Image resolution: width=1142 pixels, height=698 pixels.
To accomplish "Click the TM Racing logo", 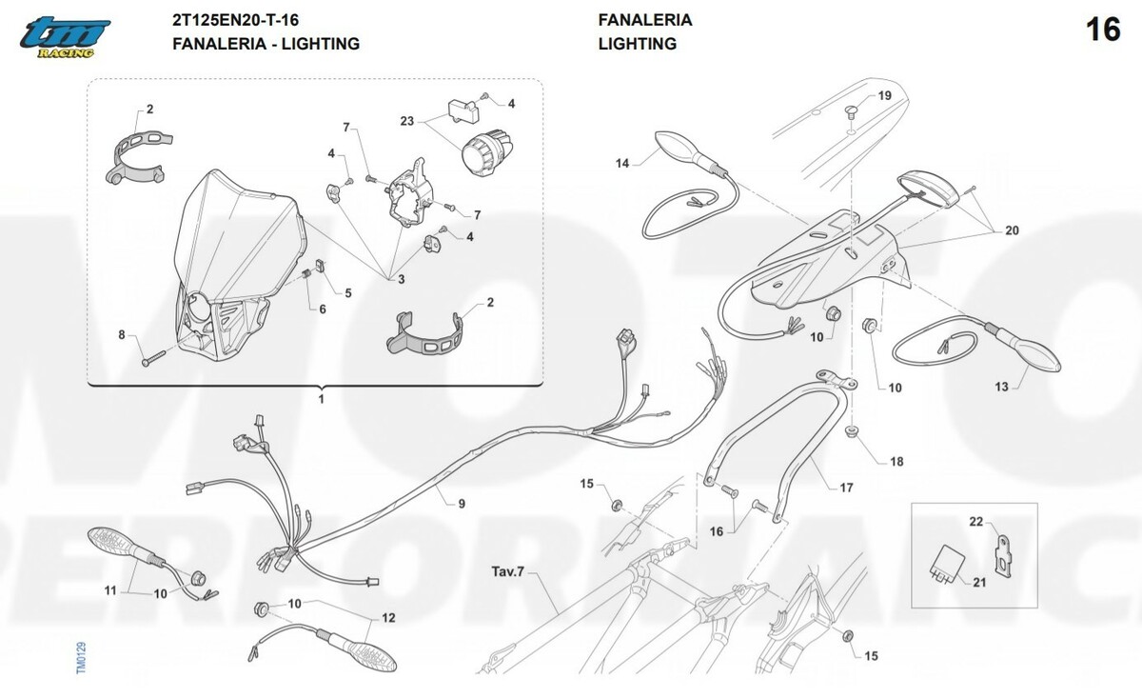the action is tap(65, 38).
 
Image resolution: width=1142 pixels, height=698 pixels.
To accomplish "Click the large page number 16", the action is tap(1104, 30).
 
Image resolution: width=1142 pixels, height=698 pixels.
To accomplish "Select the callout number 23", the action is tap(407, 122).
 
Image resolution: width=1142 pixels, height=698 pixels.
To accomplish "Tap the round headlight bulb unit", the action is tap(487, 151).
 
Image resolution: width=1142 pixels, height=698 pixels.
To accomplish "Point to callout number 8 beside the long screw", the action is tap(122, 334).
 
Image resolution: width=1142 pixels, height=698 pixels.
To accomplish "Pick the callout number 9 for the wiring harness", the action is tap(462, 504).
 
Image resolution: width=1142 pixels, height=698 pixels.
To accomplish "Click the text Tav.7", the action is tap(507, 571).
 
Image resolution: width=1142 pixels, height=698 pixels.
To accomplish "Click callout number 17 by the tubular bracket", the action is tap(846, 489).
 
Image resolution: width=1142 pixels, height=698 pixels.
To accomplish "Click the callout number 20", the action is tap(1012, 230).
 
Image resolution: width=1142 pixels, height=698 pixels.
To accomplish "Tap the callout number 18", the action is tap(896, 462).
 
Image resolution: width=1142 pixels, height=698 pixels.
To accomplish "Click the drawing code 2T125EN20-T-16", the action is tap(236, 20).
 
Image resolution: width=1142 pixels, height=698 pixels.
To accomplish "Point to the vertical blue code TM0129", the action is tap(81, 658).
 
